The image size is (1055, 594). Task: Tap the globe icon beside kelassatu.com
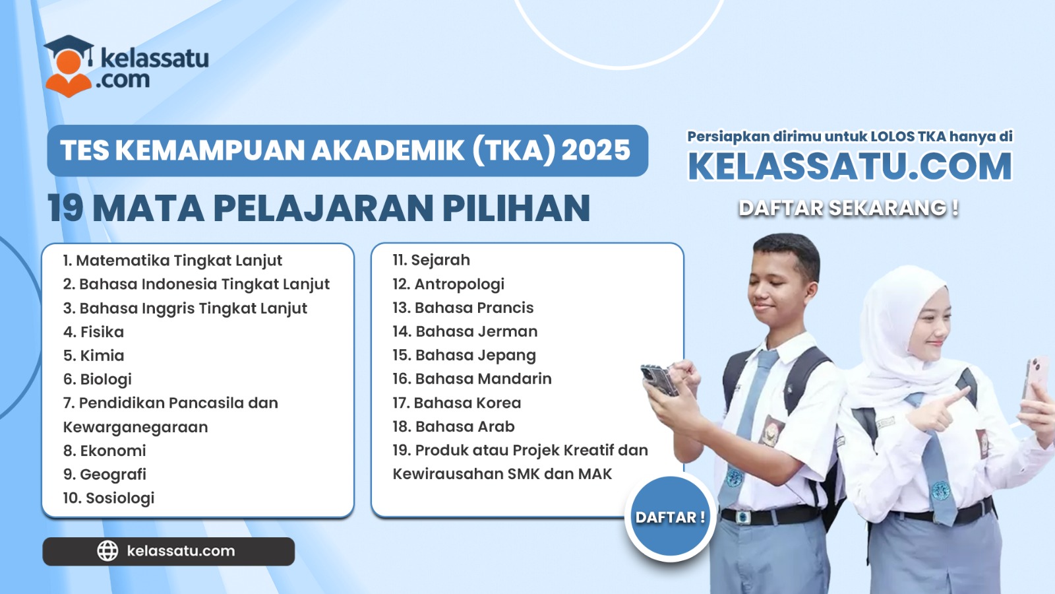(x=107, y=550)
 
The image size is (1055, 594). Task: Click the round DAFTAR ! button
(x=670, y=517)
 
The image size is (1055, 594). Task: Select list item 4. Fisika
(x=94, y=332)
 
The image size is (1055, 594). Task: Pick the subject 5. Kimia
(x=94, y=356)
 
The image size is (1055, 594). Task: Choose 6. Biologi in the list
(x=98, y=379)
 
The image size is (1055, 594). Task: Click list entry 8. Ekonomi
(x=105, y=451)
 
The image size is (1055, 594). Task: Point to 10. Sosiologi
(x=109, y=498)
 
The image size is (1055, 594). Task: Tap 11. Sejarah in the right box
(x=431, y=260)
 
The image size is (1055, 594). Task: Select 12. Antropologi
(x=448, y=284)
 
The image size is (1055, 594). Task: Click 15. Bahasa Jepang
(x=464, y=356)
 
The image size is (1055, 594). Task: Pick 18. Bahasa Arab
(x=454, y=426)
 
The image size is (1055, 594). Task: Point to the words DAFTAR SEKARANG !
(x=848, y=208)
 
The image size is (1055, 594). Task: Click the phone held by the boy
(x=659, y=379)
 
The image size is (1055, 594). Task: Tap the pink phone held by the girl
(x=1035, y=377)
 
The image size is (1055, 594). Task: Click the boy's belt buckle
(x=742, y=517)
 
